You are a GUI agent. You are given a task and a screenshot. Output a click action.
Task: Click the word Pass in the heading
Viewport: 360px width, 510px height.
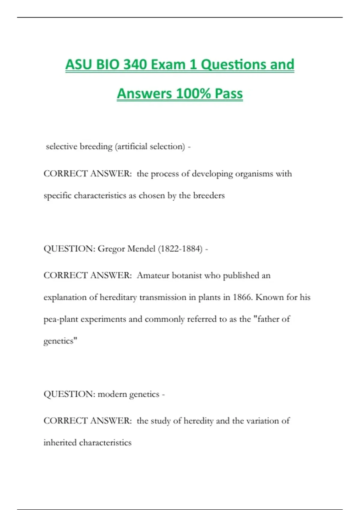[x=229, y=93]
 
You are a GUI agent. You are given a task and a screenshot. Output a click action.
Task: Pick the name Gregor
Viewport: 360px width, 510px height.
[x=111, y=249]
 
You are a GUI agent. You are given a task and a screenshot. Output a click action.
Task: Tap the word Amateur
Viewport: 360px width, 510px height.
[x=153, y=275]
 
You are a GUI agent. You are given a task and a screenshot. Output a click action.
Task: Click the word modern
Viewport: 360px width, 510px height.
[x=112, y=394]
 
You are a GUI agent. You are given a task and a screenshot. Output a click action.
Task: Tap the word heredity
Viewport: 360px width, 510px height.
[x=198, y=421]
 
